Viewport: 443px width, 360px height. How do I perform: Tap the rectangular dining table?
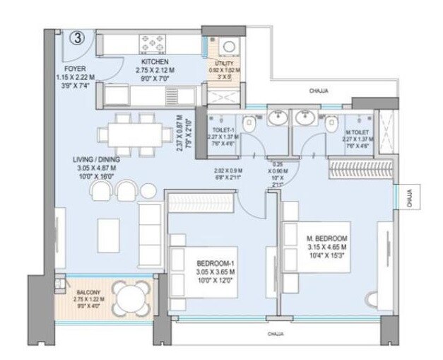127,134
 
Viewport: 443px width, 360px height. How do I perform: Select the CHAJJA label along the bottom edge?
276,333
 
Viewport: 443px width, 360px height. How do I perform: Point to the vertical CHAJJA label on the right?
410,200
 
